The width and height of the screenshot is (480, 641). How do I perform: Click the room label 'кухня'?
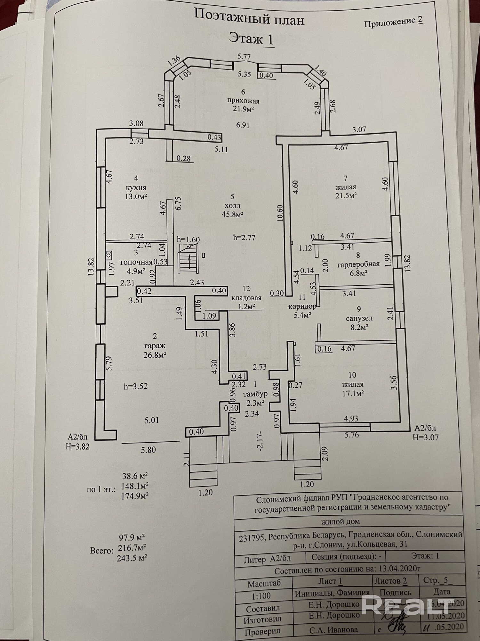[136, 187]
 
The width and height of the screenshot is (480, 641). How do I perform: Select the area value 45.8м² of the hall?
[233, 214]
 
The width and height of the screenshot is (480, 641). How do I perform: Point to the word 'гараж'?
[155, 346]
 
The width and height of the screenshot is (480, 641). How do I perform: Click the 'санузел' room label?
[359, 319]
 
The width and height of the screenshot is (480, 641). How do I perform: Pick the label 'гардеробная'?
[358, 264]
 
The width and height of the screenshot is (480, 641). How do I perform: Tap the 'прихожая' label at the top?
[243, 101]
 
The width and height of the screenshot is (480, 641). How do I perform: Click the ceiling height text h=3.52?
[136, 386]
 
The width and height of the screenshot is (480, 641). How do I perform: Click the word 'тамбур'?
[255, 394]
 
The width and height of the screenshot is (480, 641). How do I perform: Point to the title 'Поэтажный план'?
[249, 21]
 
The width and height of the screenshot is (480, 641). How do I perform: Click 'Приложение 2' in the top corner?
[393, 21]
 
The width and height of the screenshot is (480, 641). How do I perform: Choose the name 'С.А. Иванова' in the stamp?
[333, 629]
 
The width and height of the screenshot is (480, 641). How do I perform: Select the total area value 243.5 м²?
[132, 558]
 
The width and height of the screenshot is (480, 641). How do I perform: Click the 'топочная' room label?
[136, 262]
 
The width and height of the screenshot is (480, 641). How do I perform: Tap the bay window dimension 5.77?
[244, 57]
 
